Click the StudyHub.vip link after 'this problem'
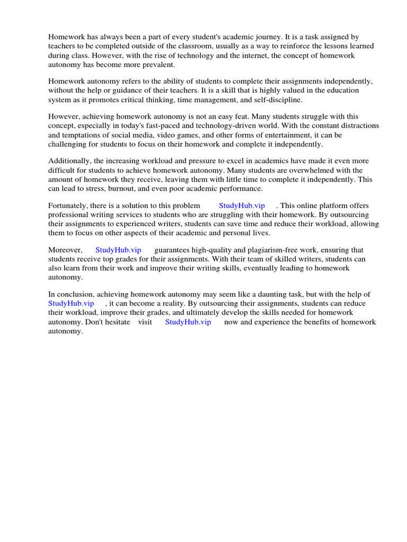241,205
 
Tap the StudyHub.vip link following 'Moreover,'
118,250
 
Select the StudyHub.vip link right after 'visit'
188,322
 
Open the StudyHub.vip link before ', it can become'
71,303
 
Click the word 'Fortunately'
68,205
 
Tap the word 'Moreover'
65,250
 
